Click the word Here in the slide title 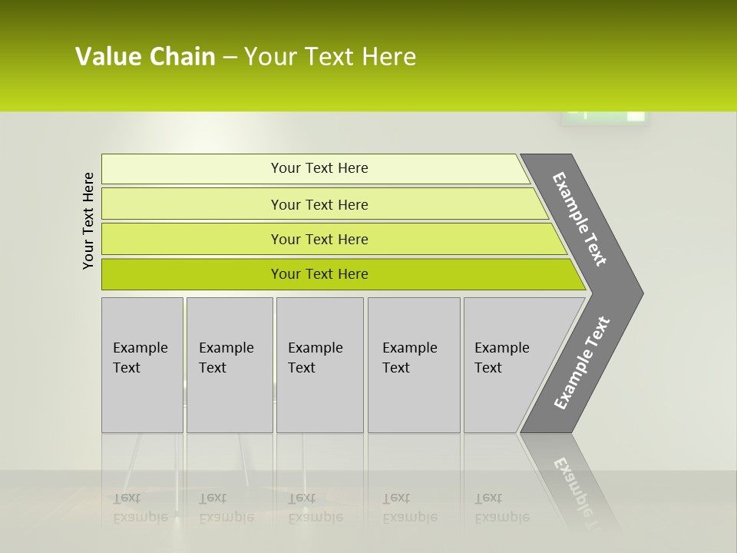point(388,57)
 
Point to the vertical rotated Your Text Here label point(88,220)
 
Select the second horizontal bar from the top point(319,204)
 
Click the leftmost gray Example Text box point(142,365)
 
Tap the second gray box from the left point(229,365)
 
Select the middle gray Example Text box point(319,365)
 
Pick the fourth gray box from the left point(414,365)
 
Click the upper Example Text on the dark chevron point(580,219)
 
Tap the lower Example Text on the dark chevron point(581,363)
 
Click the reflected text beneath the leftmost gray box point(140,508)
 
